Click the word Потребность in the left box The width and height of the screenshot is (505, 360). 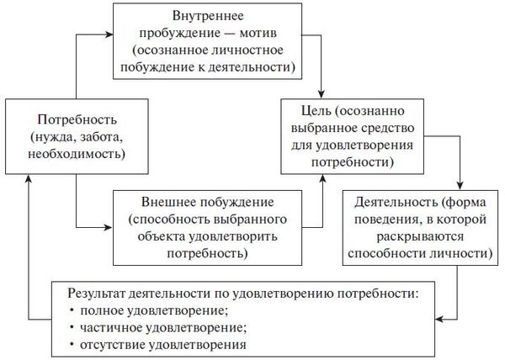(77, 119)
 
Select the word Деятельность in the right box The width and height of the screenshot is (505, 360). (396, 202)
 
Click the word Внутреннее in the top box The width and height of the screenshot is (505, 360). (208, 16)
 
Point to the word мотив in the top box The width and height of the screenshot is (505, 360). (258, 33)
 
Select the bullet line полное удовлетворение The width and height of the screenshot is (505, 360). (154, 310)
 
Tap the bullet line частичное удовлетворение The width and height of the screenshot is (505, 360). (163, 328)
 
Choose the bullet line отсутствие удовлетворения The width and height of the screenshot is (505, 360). (163, 345)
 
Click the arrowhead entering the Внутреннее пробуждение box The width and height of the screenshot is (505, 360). (109, 34)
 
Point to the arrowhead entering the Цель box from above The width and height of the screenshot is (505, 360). (322, 94)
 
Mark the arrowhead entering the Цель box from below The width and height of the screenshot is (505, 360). (322, 179)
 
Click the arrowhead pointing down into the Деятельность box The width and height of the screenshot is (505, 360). (460, 186)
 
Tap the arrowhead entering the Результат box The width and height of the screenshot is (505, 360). (439, 319)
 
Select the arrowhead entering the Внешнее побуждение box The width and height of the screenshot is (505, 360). (109, 227)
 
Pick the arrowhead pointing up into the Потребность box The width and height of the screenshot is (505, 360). (29, 179)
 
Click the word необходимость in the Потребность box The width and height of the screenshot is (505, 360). (77, 154)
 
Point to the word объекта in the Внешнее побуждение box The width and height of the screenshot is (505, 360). (162, 236)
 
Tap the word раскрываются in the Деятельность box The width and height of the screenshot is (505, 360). (420, 236)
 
